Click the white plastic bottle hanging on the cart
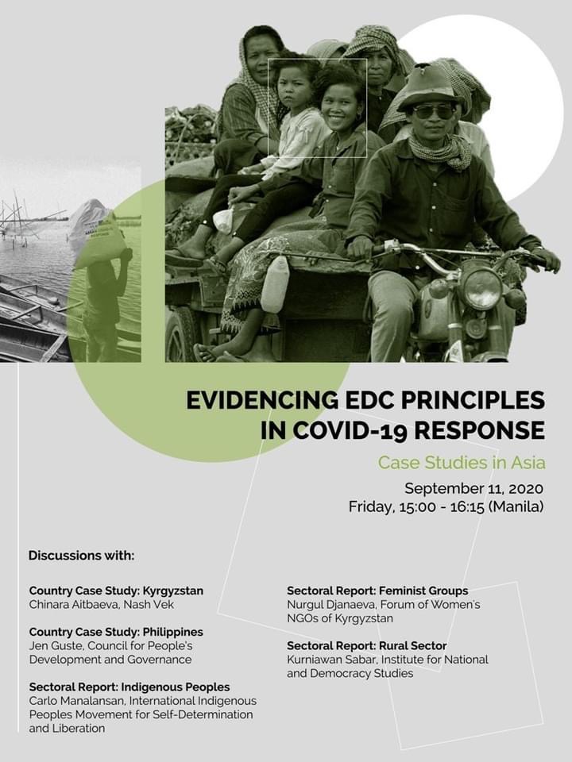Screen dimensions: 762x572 (275, 283)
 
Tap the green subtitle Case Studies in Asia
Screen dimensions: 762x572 (461, 462)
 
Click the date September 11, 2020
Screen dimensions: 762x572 (473, 487)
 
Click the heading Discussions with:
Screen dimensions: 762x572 (82, 555)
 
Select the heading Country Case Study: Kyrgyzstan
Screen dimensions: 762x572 (116, 591)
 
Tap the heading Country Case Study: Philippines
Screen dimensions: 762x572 (116, 632)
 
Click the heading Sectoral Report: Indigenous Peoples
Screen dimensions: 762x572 (129, 687)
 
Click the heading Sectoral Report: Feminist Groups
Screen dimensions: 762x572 (377, 591)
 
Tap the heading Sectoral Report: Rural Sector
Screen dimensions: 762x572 (367, 646)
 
